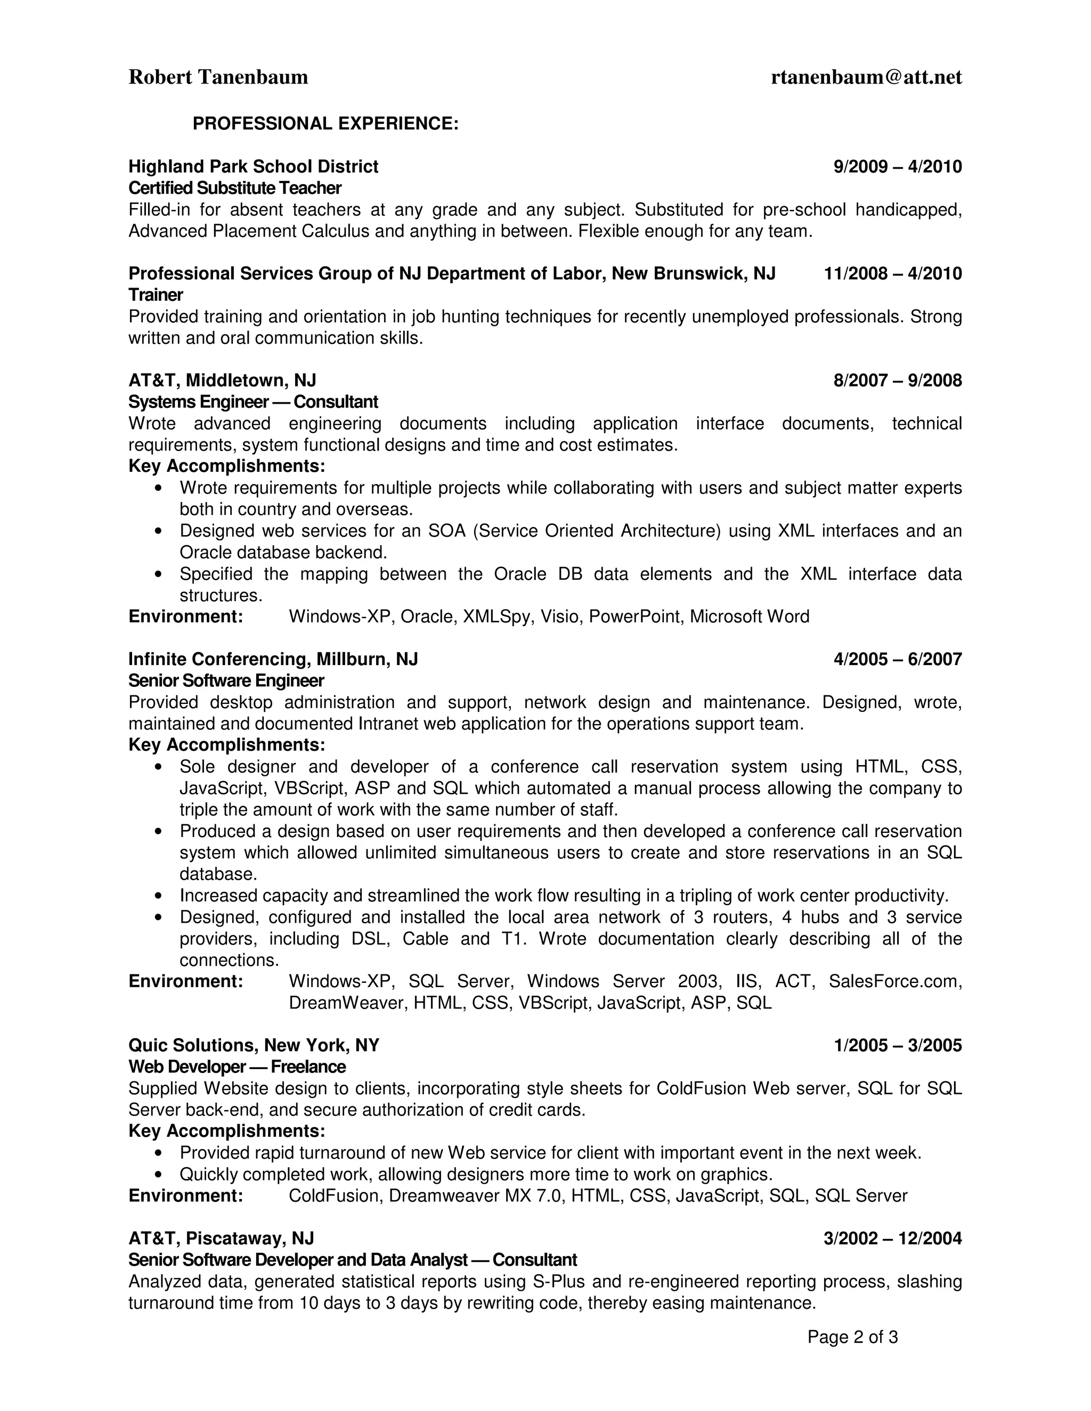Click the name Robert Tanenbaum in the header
click(218, 78)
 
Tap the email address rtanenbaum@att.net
click(866, 78)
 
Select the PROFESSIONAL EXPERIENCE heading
click(325, 124)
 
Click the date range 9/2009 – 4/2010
click(897, 167)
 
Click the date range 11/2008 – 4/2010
click(893, 274)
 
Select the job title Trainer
click(155, 296)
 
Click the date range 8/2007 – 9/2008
click(897, 381)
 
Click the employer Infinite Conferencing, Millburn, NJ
click(273, 659)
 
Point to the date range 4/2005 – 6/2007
click(897, 660)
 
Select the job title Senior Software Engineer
click(226, 681)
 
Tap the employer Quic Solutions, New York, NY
click(254, 1045)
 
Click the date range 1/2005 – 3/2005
click(897, 1046)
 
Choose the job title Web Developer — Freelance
click(237, 1067)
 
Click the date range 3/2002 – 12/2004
click(893, 1238)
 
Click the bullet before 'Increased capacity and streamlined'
click(159, 896)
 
